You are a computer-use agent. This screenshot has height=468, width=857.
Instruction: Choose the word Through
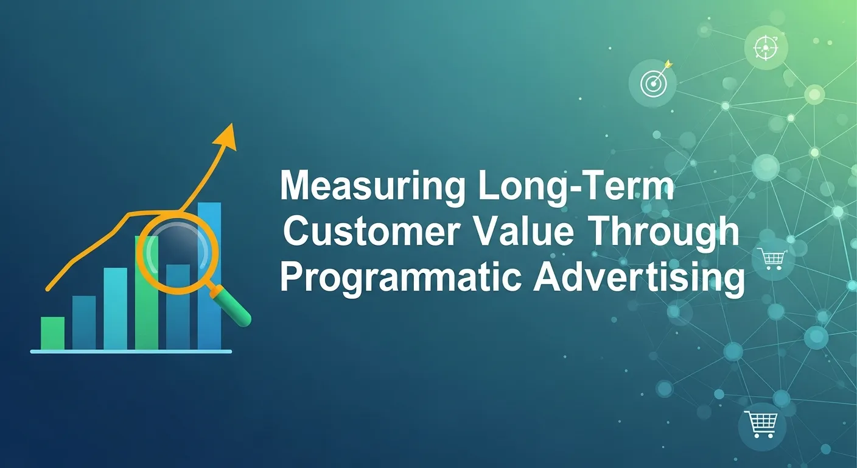(666, 233)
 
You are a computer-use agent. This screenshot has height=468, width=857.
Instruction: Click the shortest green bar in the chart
(52, 333)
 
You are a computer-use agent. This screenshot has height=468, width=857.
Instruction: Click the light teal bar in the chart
(115, 309)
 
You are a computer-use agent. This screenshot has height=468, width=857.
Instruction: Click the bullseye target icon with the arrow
(651, 83)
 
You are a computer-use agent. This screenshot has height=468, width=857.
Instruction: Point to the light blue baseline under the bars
(131, 352)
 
